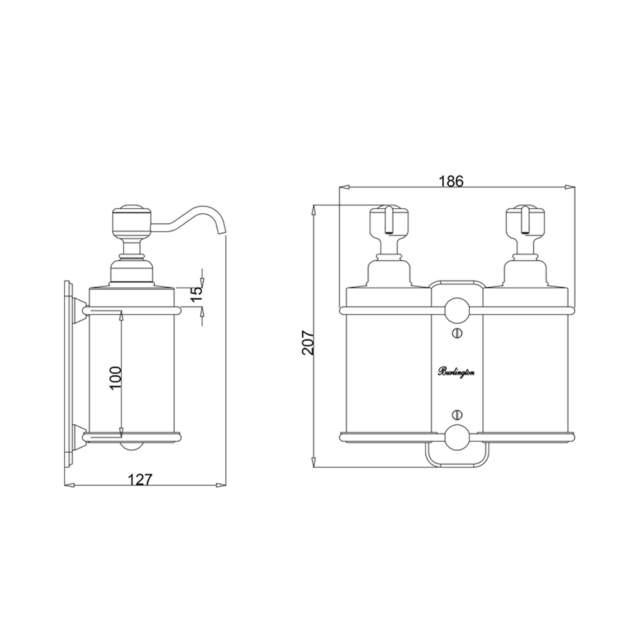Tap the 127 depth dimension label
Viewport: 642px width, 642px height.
(x=140, y=479)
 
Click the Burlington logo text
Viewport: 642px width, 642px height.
(x=456, y=372)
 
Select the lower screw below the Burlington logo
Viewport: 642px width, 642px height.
(x=457, y=414)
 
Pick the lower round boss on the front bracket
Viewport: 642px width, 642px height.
(x=457, y=437)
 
